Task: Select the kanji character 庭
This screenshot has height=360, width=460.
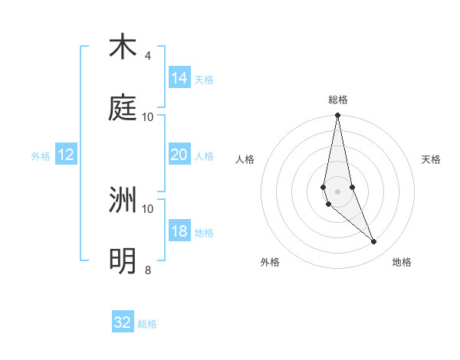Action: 123,108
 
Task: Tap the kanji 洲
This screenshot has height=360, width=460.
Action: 123,200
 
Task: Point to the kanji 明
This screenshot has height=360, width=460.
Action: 123,261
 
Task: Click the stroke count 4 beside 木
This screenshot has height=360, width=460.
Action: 148,56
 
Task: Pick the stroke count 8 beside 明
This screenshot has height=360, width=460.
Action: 148,270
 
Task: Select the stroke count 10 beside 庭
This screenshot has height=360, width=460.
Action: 148,116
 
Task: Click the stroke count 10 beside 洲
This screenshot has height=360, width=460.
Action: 148,208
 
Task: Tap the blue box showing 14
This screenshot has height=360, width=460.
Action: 179,78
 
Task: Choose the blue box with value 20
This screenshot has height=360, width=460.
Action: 179,155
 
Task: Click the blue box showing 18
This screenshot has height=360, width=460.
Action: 179,231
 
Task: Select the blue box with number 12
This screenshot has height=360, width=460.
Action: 66,155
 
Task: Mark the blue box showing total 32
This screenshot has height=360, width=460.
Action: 123,322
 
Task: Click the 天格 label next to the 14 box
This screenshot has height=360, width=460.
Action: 204,80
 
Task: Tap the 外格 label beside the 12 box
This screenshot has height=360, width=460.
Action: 41,156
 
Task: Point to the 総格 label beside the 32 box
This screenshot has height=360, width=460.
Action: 147,324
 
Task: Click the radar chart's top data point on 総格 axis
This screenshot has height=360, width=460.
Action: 337,116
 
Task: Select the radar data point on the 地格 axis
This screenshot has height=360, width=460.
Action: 374,242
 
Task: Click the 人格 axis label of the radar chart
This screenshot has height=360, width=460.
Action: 245,159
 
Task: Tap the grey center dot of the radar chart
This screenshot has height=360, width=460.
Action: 337,191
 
